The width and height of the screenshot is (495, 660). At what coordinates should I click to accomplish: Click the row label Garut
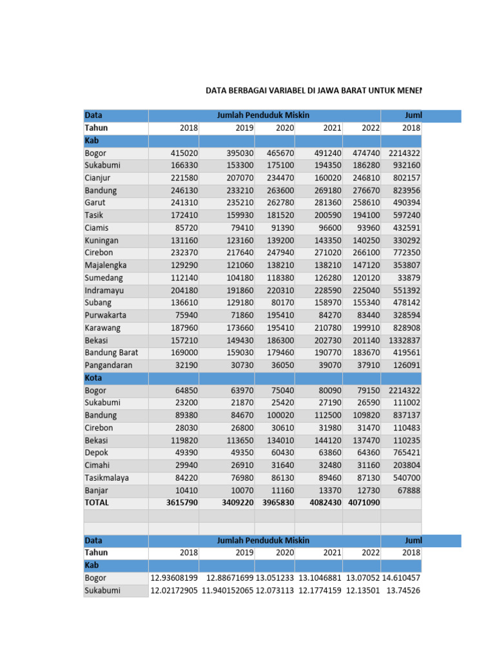[95, 202]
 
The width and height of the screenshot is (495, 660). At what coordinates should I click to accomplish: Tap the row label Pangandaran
[108, 365]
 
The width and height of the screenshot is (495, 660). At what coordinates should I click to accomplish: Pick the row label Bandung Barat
[111, 353]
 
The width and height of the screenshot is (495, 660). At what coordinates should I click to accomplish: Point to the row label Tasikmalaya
[106, 478]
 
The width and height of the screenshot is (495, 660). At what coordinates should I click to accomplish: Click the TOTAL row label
[97, 503]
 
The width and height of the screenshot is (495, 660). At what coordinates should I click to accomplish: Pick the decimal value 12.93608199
[174, 578]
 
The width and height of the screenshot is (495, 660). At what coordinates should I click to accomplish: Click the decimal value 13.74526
[403, 590]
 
